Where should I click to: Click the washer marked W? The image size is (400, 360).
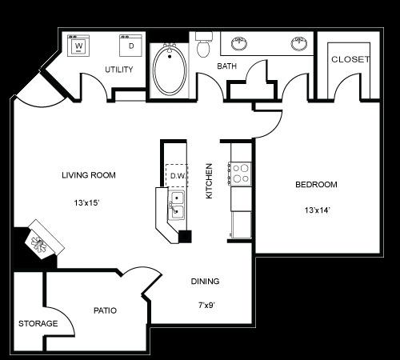coord(78,46)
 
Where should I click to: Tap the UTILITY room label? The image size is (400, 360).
coord(118,70)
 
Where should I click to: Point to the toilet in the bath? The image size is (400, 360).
coord(203,46)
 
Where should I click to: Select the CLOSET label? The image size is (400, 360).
coord(350,60)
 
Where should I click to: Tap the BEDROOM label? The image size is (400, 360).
coord(316,185)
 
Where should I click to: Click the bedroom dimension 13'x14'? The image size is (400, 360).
coord(316,210)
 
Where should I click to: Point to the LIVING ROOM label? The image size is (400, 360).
coord(89,175)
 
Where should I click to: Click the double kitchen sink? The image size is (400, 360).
coord(177,205)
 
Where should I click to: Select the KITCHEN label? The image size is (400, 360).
coord(209,181)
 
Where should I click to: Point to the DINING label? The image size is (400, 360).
coord(205,282)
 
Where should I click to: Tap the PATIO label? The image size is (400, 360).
coord(106,310)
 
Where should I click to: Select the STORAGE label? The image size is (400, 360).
coord(38,324)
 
